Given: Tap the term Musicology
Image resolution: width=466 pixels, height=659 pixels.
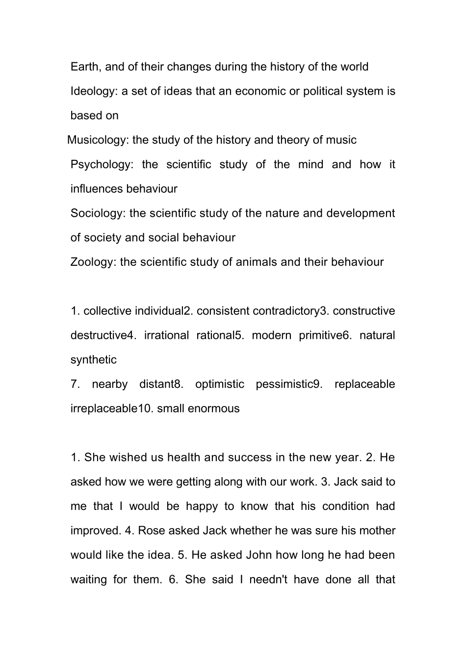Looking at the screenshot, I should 97,140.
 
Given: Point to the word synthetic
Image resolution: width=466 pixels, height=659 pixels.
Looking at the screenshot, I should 94,360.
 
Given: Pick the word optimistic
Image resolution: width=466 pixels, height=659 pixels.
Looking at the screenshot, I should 220,384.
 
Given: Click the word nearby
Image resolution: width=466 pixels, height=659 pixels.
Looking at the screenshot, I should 109,384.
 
